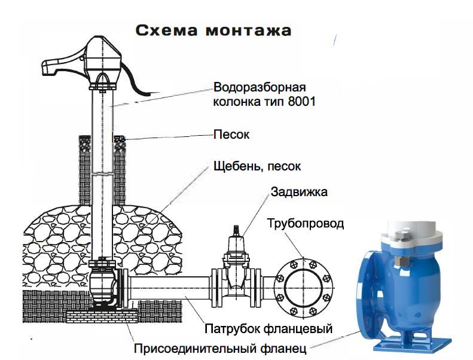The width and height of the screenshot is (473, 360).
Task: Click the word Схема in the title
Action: pyautogui.click(x=166, y=30)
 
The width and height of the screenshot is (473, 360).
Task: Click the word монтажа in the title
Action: pyautogui.click(x=248, y=30)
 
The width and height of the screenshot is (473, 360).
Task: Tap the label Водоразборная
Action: pyautogui.click(x=260, y=87)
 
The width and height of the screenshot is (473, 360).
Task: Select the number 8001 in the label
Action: pyautogui.click(x=301, y=102)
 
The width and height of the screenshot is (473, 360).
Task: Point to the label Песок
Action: pyautogui.click(x=231, y=135)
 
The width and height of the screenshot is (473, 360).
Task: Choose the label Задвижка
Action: pyautogui.click(x=299, y=192)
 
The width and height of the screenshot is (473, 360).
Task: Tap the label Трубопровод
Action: pyautogui.click(x=306, y=224)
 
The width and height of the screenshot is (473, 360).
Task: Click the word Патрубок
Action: pyautogui.click(x=232, y=328)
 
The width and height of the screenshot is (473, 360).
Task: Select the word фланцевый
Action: pyautogui.click(x=298, y=328)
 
